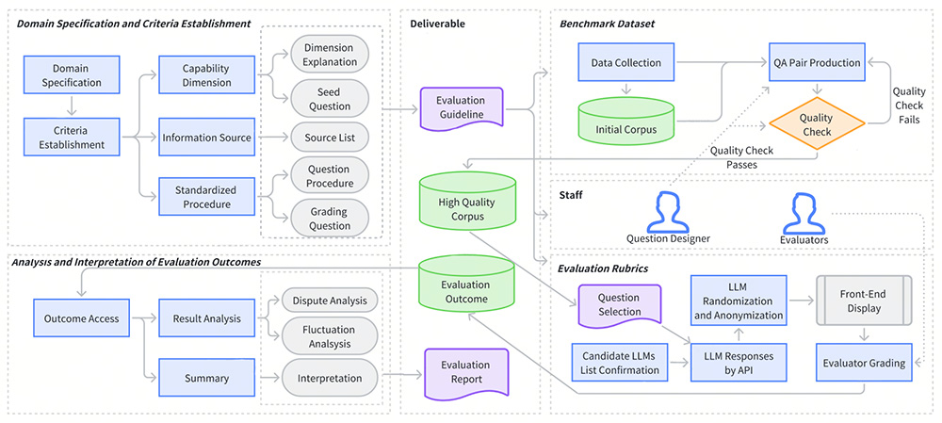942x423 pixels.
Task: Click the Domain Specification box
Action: pos(72,74)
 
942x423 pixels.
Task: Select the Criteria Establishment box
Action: pos(72,137)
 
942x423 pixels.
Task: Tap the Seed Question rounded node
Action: pos(329,99)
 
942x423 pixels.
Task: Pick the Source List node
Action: pos(329,138)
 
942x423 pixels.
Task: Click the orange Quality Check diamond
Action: pos(815,125)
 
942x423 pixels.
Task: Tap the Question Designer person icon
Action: pos(668,212)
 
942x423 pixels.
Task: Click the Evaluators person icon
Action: pos(805,213)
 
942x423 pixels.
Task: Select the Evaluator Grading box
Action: pos(864,363)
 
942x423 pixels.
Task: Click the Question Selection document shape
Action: pos(619,305)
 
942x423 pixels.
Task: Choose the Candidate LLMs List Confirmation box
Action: pos(620,363)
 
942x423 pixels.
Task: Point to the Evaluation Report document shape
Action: pos(465,373)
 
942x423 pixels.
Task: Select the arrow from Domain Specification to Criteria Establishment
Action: pos(72,106)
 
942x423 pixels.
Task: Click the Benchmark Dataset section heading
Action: pos(606,24)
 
